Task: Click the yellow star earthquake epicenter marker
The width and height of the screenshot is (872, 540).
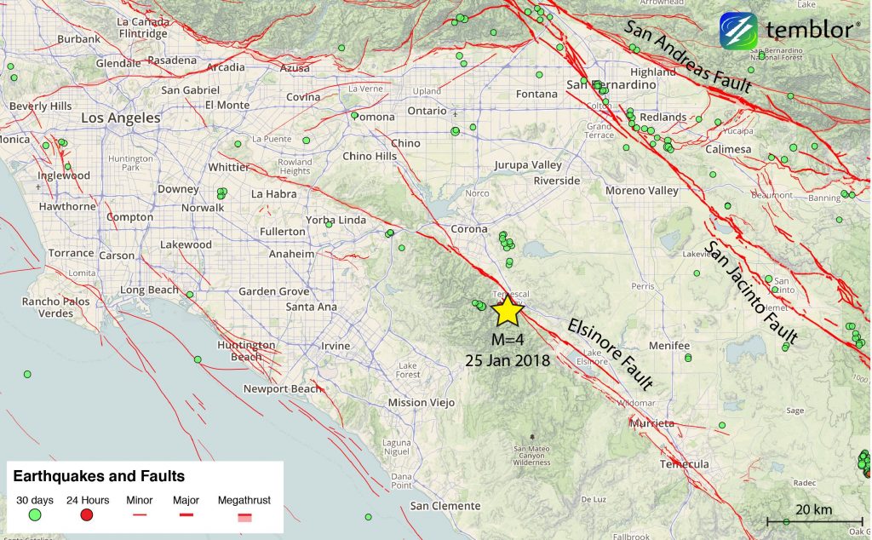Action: coord(507,311)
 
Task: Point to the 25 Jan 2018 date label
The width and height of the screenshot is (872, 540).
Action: coord(507,360)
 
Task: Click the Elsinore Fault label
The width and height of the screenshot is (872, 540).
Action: coord(610,353)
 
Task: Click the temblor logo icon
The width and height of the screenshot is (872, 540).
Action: coord(738,32)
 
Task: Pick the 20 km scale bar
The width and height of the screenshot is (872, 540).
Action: coord(804,520)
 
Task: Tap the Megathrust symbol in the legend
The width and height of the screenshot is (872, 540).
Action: coord(244,516)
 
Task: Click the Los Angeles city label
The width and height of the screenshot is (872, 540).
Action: coord(121,118)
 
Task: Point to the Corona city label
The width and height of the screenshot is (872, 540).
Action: coord(469,229)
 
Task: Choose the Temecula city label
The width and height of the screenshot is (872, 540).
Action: coord(684,464)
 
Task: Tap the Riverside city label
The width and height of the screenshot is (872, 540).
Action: coord(557,181)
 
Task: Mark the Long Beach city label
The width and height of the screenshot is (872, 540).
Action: coord(145,290)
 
